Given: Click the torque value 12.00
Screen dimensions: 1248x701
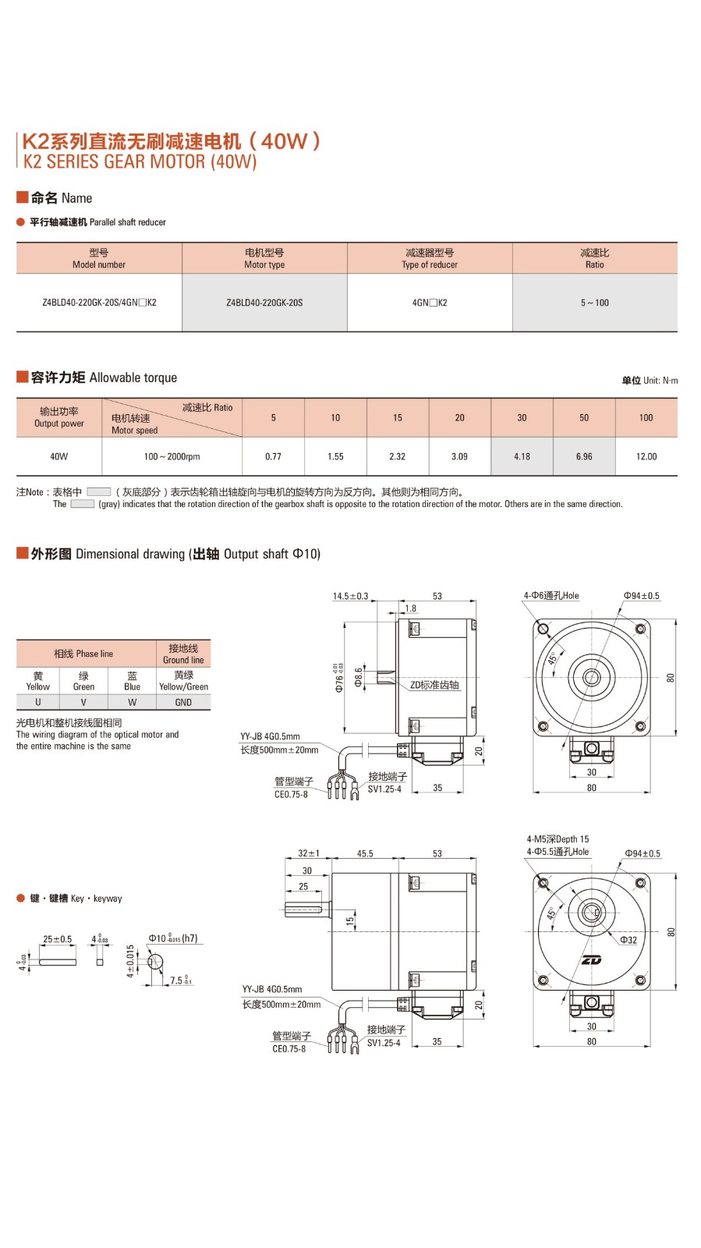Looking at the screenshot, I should coord(646,456).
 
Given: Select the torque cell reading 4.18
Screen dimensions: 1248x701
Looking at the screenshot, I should coord(522,456).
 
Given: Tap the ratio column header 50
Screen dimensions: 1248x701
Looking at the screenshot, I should coord(584,417).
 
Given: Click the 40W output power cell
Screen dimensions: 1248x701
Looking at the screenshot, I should coord(58,456).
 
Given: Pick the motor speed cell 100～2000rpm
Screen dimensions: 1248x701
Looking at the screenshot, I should coord(172,456).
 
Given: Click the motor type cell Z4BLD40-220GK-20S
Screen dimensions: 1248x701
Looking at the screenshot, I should coord(264,303).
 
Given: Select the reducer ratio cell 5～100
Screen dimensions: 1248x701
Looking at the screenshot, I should coord(594,303).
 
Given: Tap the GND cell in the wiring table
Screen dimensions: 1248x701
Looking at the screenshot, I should coord(183,702).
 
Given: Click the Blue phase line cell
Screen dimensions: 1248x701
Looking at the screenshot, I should coord(133,681).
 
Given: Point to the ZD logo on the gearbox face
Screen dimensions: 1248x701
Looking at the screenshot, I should coord(591,959).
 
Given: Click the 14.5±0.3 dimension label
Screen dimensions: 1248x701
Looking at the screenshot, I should coord(350,596).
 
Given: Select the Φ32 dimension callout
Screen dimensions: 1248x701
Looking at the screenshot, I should coord(628,940).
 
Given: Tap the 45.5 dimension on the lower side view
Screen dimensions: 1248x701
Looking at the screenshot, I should coord(365,853).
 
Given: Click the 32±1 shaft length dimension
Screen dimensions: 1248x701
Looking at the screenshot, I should coord(309,853).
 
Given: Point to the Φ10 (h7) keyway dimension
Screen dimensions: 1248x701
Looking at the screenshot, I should coord(172,938).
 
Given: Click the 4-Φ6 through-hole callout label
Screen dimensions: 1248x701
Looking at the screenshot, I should coord(551,596).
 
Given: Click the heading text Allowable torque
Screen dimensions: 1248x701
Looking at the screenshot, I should coord(133,378).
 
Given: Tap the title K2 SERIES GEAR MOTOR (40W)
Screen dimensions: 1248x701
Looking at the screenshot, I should coord(140,161).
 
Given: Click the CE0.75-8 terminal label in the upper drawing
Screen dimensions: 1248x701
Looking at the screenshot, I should coord(291,794).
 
